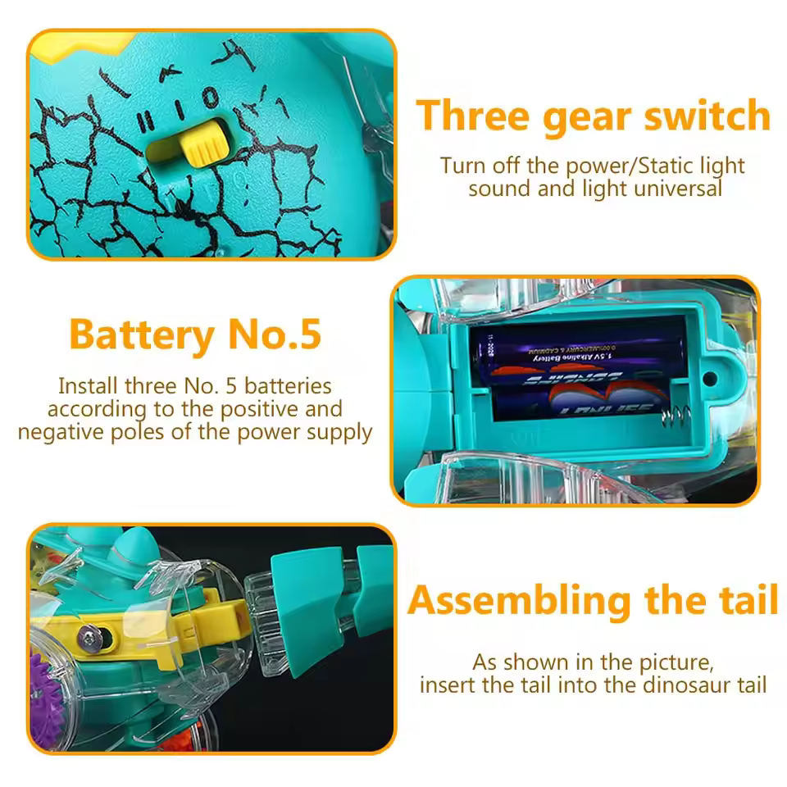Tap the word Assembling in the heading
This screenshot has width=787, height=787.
[520, 601]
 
